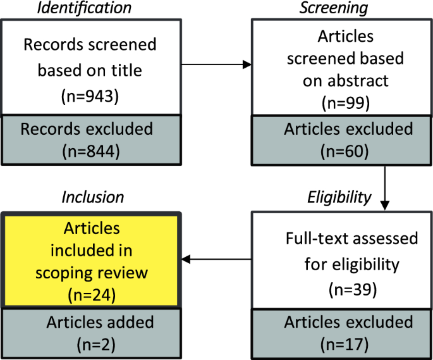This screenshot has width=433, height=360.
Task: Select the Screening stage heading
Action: (x=342, y=8)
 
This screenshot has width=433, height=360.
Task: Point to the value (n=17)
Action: (x=348, y=345)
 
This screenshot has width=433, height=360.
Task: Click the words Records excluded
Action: (x=87, y=129)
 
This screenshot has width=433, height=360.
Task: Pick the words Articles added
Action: (x=100, y=322)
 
